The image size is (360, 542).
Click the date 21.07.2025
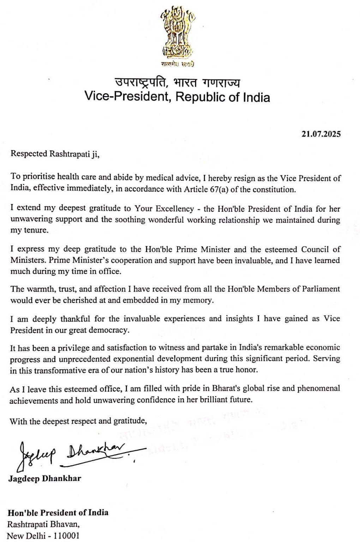tap(321, 134)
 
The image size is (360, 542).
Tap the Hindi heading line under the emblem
tap(178, 83)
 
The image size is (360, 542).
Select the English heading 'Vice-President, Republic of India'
tap(177, 97)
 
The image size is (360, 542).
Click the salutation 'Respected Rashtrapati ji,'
tap(55, 153)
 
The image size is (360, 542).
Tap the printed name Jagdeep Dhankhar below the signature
tap(45, 479)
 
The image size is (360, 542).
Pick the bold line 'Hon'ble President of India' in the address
tap(58, 512)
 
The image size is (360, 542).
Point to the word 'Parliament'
tap(321, 289)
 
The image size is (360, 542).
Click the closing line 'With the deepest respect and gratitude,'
tap(78, 421)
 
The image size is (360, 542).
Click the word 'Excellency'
tap(175, 209)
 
